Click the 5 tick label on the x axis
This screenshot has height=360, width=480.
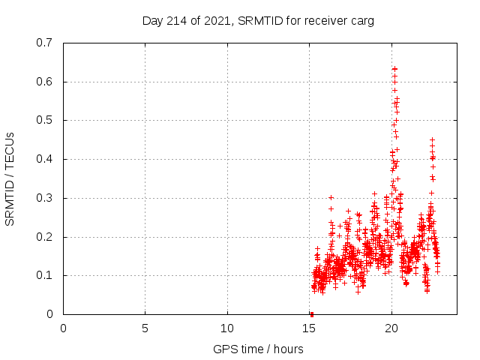[145, 328]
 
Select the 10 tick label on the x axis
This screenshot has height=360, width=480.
[227, 328]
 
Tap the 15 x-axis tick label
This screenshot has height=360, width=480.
[309, 328]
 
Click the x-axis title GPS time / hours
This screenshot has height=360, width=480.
[258, 349]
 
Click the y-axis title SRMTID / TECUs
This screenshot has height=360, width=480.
[10, 178]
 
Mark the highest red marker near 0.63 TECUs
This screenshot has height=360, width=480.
[394, 69]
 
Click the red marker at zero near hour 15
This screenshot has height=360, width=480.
[311, 314]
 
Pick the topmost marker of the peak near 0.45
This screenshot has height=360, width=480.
[432, 139]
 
